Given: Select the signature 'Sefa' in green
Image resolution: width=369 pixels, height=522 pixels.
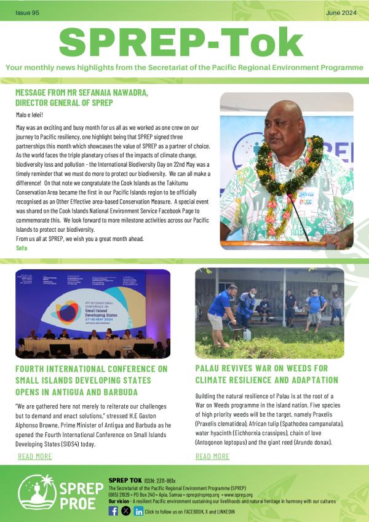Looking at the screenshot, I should click(x=22, y=247).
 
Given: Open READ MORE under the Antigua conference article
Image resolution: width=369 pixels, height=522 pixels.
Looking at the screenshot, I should click(x=35, y=456).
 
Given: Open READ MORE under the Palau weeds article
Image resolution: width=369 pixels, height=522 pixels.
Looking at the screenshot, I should click(x=212, y=456).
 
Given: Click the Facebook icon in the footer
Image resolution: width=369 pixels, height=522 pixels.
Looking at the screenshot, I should click(x=113, y=511).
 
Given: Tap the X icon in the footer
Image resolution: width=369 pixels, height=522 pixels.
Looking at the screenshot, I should click(x=126, y=511).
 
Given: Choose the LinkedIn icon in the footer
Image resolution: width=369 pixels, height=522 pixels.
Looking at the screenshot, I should click(x=139, y=511).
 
